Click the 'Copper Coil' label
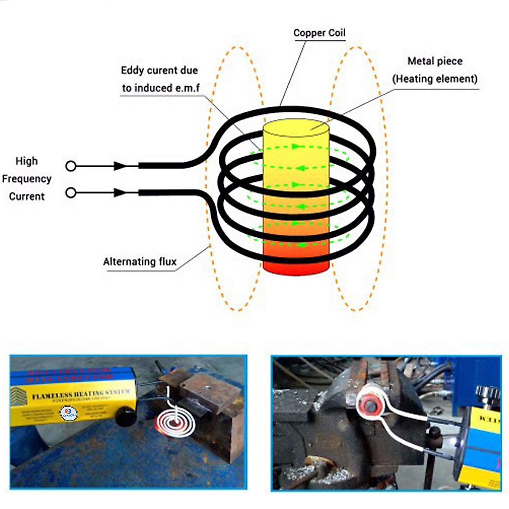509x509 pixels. pyautogui.click(x=319, y=33)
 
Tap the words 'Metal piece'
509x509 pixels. pyautogui.click(x=435, y=61)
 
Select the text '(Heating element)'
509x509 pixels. pyautogui.click(x=435, y=79)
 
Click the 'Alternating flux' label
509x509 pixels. pyautogui.click(x=140, y=262)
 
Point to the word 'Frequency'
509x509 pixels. pyautogui.click(x=27, y=179)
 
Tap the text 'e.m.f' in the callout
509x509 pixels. pyautogui.click(x=187, y=88)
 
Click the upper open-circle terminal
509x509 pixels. pyautogui.click(x=71, y=166)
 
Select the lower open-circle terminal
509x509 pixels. pyautogui.click(x=71, y=193)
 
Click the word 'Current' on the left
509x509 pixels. pyautogui.click(x=27, y=197)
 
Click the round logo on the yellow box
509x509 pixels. pyautogui.click(x=69, y=413)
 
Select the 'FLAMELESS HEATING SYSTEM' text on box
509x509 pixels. pyautogui.click(x=81, y=394)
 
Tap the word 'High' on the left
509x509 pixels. pyautogui.click(x=27, y=161)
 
